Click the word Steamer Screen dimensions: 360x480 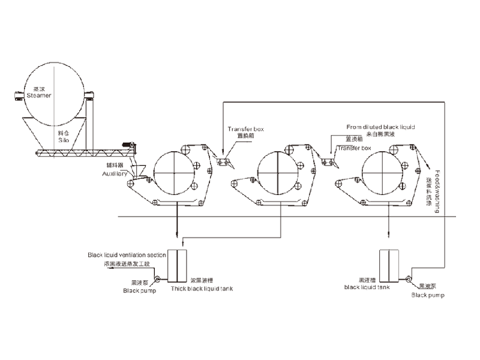[39, 95]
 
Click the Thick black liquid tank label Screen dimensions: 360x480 [202, 289]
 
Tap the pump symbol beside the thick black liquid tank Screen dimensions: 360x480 [158, 278]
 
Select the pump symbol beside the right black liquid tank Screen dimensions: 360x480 [407, 278]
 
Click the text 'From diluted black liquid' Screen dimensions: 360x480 [381, 127]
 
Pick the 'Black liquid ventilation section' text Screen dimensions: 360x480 [127, 255]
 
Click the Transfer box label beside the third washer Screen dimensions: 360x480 [355, 148]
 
